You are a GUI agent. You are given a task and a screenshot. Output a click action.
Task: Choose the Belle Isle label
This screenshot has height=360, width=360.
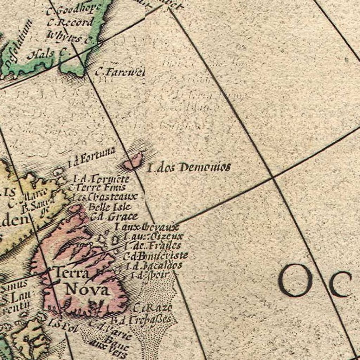(x=110, y=207)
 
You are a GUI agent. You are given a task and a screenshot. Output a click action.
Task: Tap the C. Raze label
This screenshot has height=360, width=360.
(x=153, y=308)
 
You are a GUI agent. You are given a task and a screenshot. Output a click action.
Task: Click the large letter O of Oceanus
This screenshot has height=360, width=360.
(x=295, y=280)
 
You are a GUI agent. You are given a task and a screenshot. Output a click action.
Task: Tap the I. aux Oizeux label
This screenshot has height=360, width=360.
(x=154, y=236)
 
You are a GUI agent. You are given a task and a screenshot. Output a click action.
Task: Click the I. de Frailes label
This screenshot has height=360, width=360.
(x=153, y=246)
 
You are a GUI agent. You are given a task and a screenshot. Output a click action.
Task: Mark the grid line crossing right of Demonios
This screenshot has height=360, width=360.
(x=273, y=178)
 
